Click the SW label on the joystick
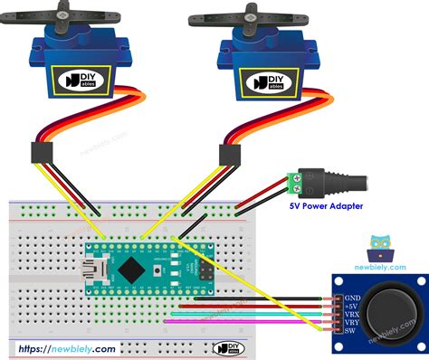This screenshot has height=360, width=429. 349,337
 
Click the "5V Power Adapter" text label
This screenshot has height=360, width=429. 326,207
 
